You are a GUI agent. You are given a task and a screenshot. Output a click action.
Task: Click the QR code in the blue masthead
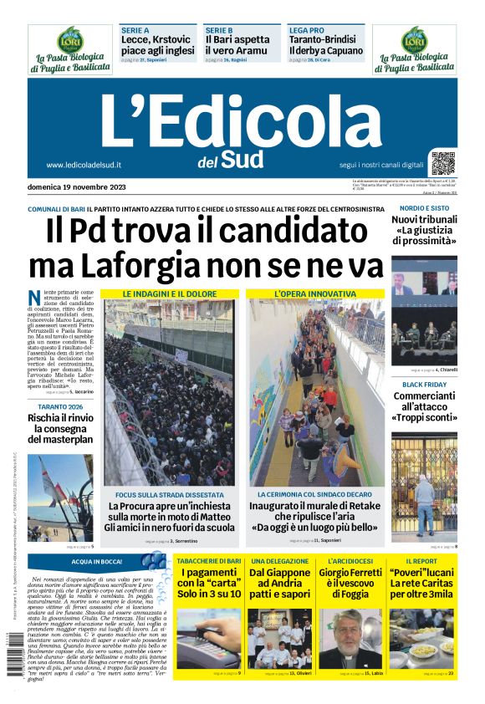443,163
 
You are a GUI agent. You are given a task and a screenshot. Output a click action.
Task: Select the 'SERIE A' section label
135,29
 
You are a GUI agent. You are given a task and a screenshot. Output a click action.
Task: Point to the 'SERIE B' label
219,29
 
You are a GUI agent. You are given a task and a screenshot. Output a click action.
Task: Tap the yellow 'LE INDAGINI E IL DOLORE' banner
169,294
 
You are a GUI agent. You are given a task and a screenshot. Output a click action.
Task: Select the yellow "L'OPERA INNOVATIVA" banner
314,294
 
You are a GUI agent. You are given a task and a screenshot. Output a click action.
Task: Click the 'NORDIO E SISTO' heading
424,207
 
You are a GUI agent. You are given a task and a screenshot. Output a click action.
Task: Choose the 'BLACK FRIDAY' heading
424,384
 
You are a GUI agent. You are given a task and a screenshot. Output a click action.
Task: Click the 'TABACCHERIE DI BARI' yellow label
209,560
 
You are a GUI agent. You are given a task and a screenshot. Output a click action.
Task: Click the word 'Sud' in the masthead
243,159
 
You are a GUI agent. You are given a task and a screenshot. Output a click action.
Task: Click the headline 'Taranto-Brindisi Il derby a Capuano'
326,45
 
